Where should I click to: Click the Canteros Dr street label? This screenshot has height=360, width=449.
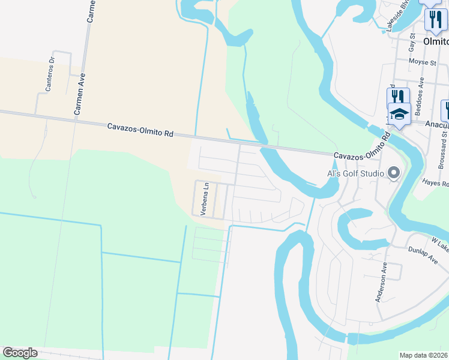point(50,74)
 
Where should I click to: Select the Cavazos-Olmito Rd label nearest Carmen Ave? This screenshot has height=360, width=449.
point(140,130)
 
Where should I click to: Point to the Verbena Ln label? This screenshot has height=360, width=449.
point(204,199)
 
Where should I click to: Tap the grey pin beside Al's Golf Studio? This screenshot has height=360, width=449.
point(394,173)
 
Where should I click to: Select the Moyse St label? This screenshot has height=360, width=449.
point(422,62)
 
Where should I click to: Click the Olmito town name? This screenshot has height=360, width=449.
point(436,42)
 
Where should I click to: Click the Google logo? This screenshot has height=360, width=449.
point(20,353)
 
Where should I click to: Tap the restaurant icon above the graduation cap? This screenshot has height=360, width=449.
point(398,97)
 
